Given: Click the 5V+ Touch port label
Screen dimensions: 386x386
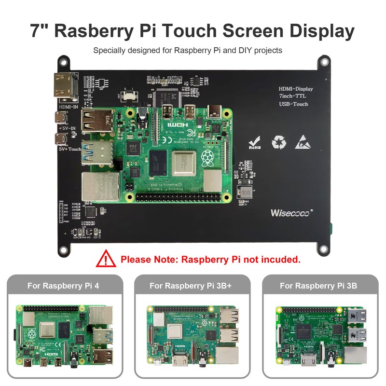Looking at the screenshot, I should pyautogui.click(x=67, y=149).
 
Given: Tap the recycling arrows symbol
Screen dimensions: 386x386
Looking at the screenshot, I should pyautogui.click(x=279, y=142).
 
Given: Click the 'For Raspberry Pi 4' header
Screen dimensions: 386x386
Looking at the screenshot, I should pyautogui.click(x=63, y=285).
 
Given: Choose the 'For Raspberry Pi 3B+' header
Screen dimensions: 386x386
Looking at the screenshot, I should pyautogui.click(x=191, y=285).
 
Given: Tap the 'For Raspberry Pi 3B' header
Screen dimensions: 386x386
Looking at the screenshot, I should pyautogui.click(x=318, y=285).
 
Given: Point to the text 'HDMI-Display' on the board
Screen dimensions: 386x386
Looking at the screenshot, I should pyautogui.click(x=296, y=89).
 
